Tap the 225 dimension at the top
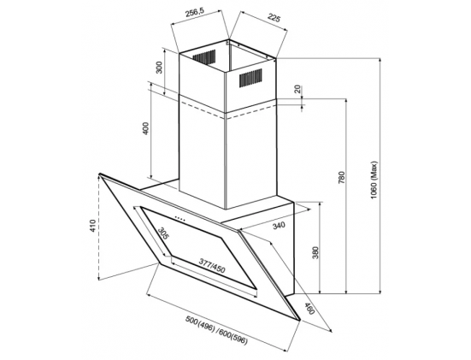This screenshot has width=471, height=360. pyautogui.click(x=274, y=18)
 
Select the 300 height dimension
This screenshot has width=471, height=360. pyautogui.click(x=159, y=68)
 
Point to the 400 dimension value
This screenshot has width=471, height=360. pyautogui.click(x=145, y=128)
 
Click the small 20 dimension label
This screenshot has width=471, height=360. pyautogui.click(x=297, y=89)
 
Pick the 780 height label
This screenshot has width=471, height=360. pyautogui.click(x=342, y=177)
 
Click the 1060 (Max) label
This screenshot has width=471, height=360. pyautogui.click(x=374, y=180)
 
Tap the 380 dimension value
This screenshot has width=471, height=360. pyautogui.click(x=315, y=253)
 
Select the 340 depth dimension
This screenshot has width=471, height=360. pyautogui.click(x=278, y=225)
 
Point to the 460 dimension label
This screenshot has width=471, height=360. pyautogui.click(x=309, y=309)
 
